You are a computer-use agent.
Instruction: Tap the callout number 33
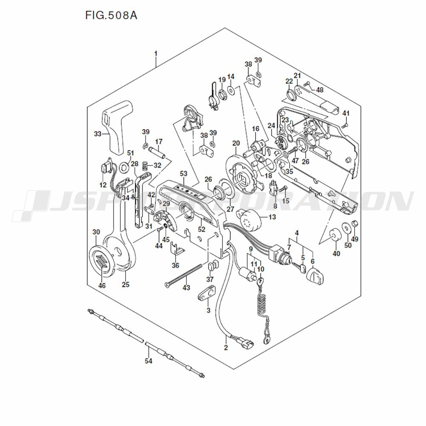coord(98,134)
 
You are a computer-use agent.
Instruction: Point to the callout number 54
coord(148,361)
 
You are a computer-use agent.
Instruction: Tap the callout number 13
coord(272,217)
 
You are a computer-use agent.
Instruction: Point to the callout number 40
coord(337,253)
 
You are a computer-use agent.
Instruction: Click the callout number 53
coord(184,173)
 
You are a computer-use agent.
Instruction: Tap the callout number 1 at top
coord(156,53)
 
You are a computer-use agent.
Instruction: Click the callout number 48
coord(319,89)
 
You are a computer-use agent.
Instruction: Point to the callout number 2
coord(226,348)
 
